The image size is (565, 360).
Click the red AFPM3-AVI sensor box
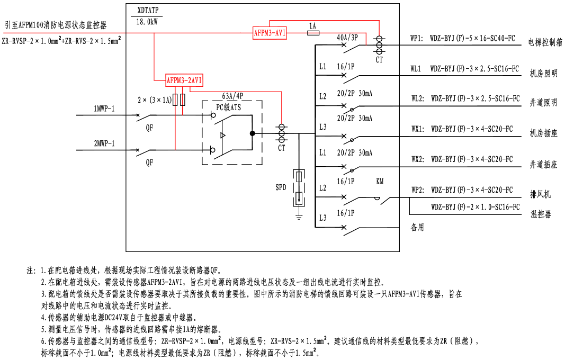270,33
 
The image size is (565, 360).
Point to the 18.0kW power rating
147,22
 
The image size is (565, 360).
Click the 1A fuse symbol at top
313,33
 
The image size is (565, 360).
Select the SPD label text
281,188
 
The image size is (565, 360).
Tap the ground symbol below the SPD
299,215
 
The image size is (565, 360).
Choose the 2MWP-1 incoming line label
104,143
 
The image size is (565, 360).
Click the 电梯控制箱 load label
545,42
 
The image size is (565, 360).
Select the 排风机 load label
540,194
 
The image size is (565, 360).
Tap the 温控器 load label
541,214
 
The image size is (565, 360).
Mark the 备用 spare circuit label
417,228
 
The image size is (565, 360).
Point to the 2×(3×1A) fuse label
154,100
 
